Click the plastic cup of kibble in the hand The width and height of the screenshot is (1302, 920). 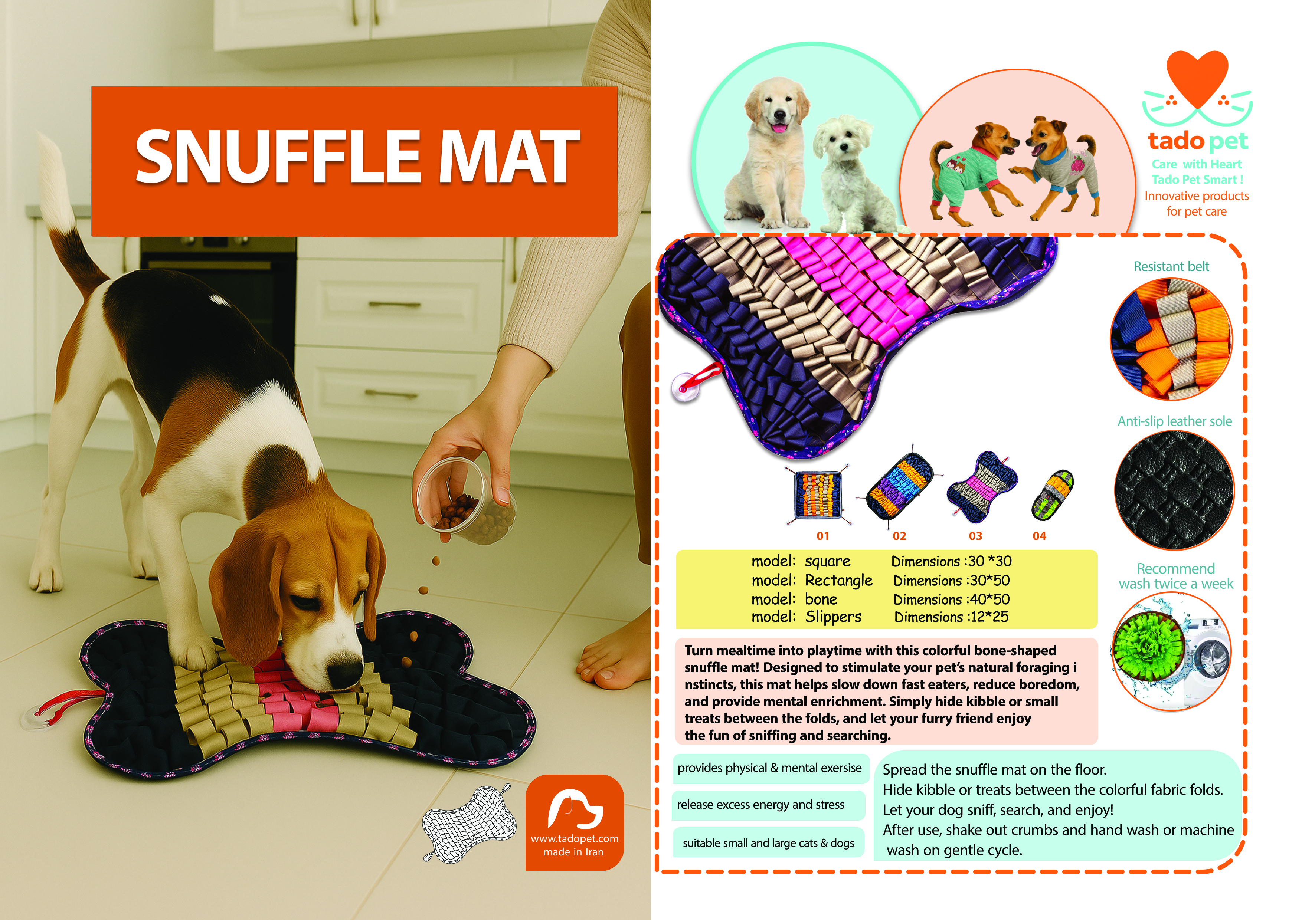click(465, 499)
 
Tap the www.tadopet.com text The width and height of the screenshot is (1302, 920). click(574, 838)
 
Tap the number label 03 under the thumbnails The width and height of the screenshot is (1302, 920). click(975, 536)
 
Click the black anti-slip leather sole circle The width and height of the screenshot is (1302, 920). click(1174, 490)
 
